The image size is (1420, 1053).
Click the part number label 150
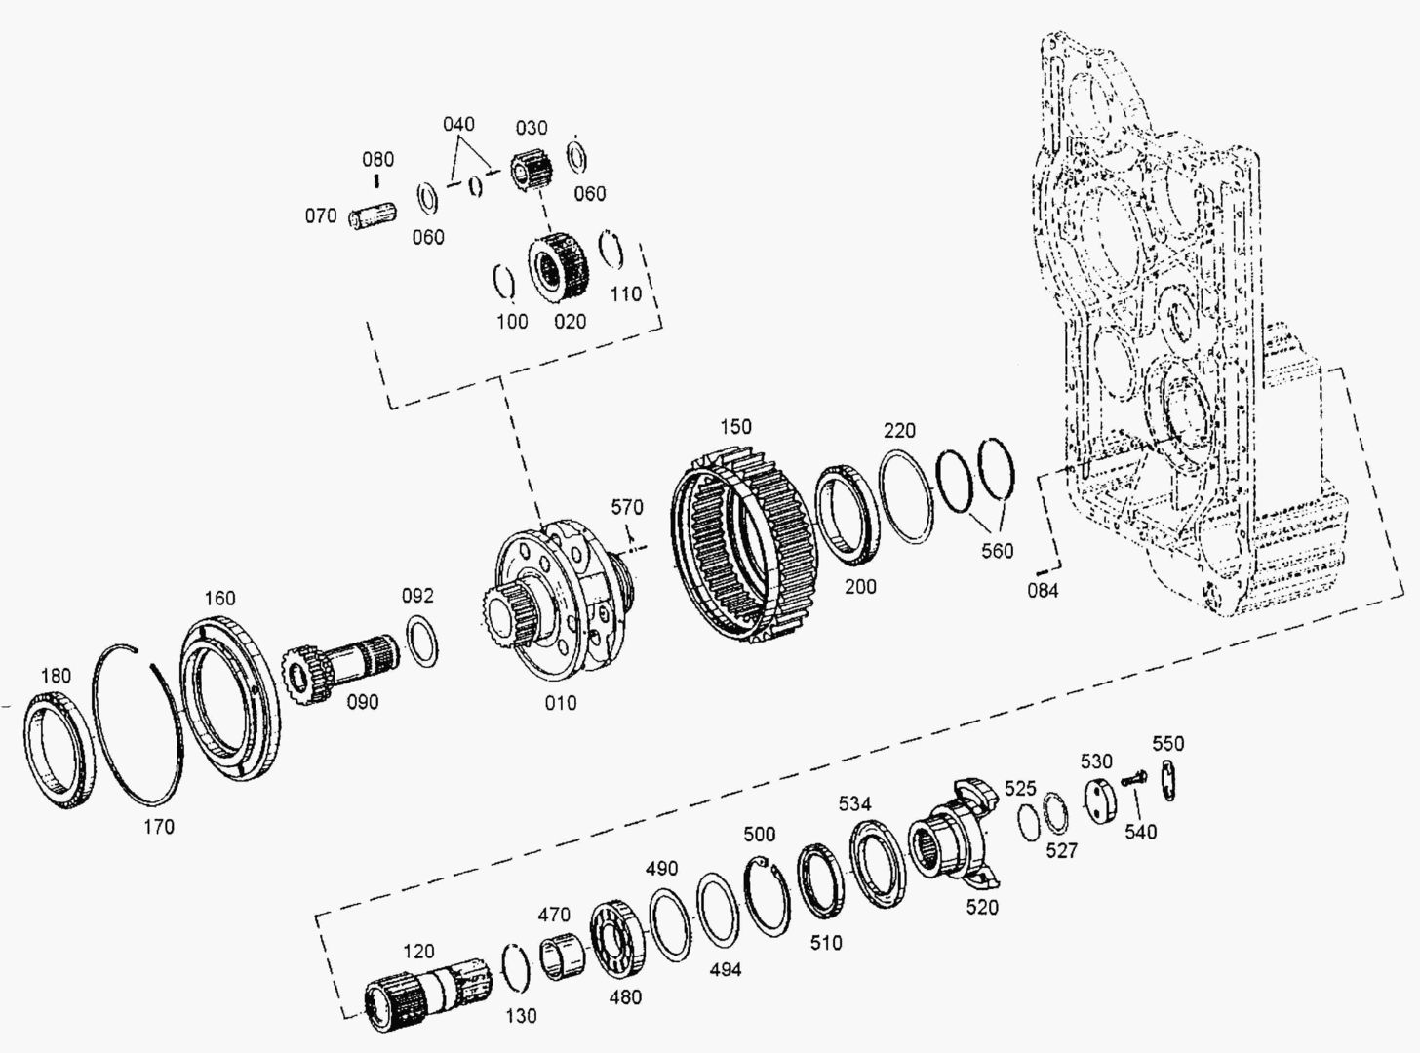(736, 427)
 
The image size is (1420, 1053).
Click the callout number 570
(627, 507)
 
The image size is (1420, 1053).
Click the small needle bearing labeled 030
(532, 171)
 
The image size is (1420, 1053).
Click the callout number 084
(1043, 590)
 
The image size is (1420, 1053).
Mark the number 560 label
(998, 551)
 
